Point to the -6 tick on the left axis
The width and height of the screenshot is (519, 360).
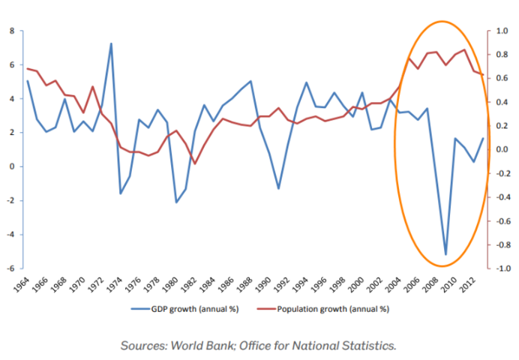(10, 268)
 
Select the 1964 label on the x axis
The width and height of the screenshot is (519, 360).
(23, 285)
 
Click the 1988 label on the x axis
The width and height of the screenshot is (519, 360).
(243, 285)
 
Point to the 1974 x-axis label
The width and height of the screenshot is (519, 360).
(115, 285)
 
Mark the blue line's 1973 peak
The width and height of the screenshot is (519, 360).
(111, 43)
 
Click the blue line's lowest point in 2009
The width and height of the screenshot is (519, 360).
(445, 254)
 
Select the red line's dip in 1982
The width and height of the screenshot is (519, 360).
(195, 163)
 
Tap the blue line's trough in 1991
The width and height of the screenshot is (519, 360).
(279, 188)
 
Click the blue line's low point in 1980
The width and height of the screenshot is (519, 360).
(176, 202)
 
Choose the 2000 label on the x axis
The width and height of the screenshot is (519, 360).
(353, 285)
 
